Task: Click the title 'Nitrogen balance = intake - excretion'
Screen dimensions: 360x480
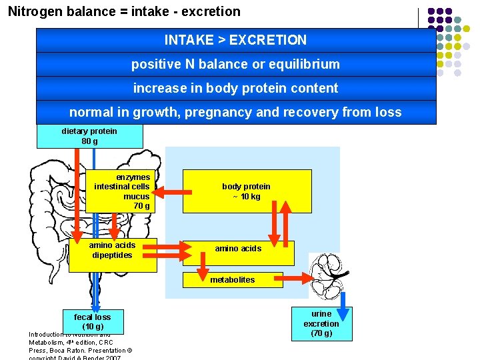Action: click(124, 11)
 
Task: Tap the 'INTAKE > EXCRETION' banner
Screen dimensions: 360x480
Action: click(235, 40)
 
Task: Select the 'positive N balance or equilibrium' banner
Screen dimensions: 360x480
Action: click(235, 65)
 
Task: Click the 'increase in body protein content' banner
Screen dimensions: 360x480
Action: click(235, 88)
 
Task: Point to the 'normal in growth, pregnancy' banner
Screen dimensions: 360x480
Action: click(235, 112)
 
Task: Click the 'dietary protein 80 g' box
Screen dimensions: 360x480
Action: click(89, 136)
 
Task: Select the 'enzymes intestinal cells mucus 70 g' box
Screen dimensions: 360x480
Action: click(119, 191)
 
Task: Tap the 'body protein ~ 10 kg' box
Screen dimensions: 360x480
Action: click(247, 191)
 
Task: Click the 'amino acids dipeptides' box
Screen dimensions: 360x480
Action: click(112, 254)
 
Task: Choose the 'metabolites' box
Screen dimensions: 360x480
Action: click(233, 280)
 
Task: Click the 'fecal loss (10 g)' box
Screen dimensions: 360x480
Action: click(93, 321)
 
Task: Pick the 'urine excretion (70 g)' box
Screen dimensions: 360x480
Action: click(321, 323)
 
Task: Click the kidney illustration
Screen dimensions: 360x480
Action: click(332, 275)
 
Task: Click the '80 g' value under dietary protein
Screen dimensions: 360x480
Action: click(89, 141)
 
